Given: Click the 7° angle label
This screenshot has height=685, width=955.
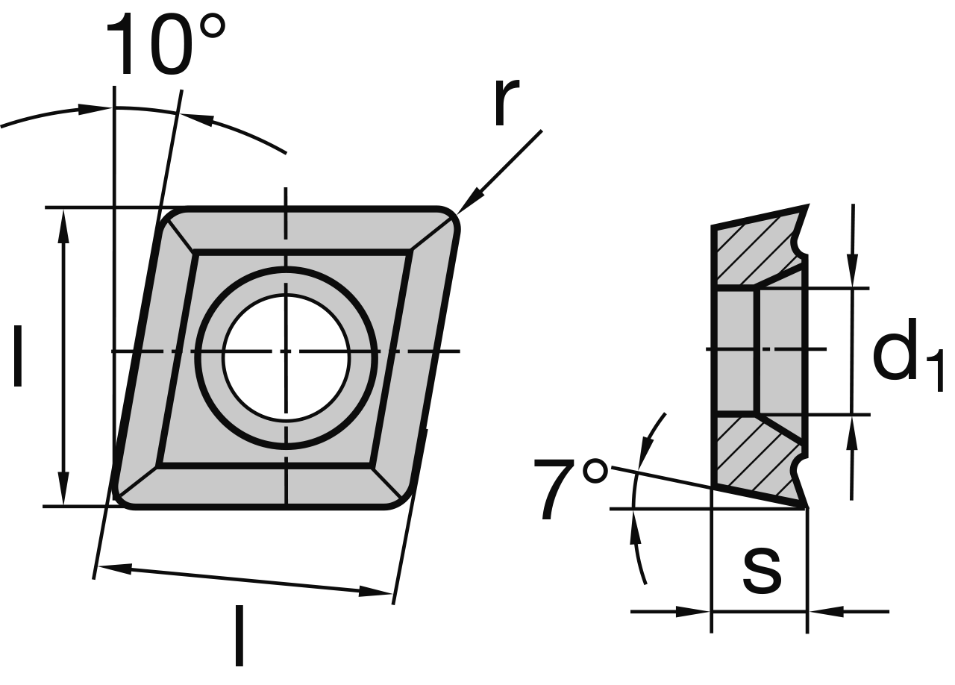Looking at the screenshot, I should coord(571,489).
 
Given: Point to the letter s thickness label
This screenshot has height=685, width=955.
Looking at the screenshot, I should coord(762,570).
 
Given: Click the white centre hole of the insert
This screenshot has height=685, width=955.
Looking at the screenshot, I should coord(286,357).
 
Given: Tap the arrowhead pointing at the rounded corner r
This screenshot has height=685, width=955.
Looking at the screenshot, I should coord(469,203).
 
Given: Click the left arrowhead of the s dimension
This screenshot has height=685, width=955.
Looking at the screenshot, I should coord(694,612).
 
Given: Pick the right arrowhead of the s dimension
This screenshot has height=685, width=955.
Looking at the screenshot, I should coord(825,612).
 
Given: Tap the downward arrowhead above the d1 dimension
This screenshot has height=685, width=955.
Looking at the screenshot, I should coord(852,273).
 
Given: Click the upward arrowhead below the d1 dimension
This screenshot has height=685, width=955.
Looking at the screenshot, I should coord(852,431).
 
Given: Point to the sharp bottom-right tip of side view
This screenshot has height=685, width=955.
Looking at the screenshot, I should coord(807,507).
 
